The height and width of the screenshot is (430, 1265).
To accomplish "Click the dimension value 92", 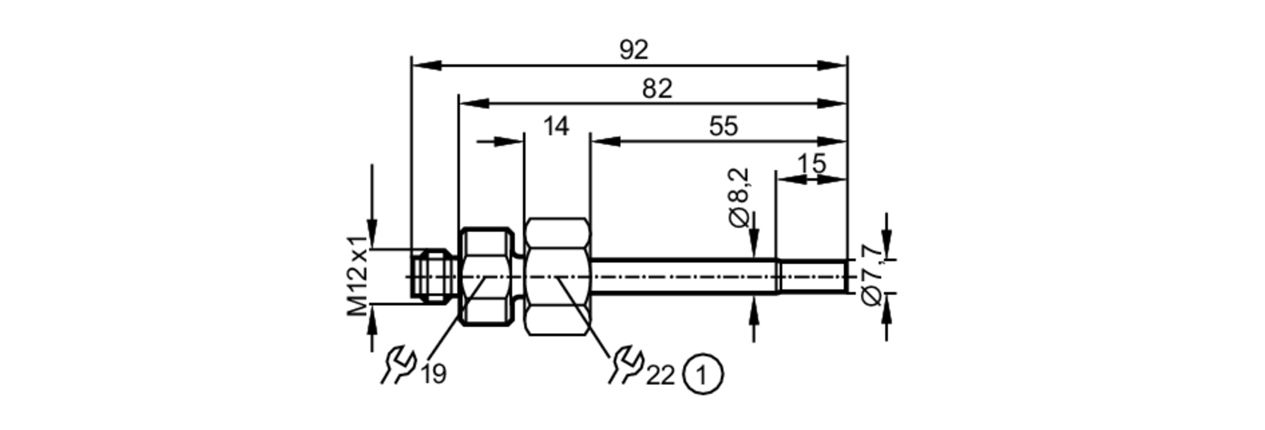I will pyautogui.click(x=634, y=50).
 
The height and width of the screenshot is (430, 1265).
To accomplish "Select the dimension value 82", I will pyautogui.click(x=657, y=89).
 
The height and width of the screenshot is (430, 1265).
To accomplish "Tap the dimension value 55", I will pyautogui.click(x=723, y=126).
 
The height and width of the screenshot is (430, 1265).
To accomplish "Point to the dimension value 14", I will pyautogui.click(x=556, y=126).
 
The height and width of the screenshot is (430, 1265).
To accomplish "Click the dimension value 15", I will pyautogui.click(x=811, y=164).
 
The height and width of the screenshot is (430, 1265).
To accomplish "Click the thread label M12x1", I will pyautogui.click(x=358, y=276).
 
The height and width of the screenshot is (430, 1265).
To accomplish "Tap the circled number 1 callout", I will pyautogui.click(x=703, y=375).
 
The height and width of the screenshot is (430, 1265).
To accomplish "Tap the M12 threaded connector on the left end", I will pyautogui.click(x=433, y=275).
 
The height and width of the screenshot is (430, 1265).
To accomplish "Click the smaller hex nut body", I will pyautogui.click(x=486, y=277).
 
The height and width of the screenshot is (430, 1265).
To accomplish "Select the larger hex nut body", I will pyautogui.click(x=558, y=277).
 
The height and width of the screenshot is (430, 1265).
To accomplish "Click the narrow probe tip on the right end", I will pyautogui.click(x=813, y=277).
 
